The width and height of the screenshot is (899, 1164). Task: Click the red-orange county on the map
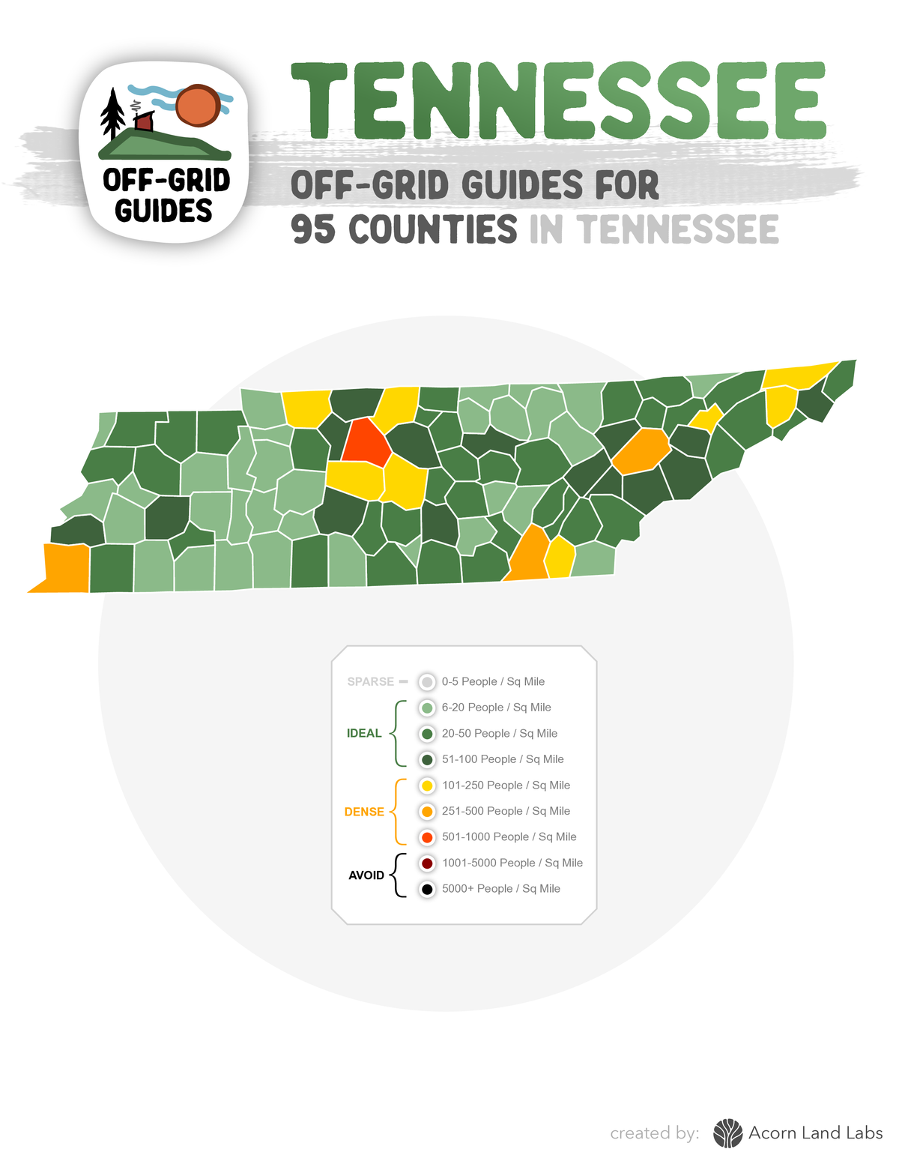point(365,442)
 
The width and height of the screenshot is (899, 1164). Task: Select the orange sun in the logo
point(197,105)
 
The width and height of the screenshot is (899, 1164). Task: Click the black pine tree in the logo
point(113,114)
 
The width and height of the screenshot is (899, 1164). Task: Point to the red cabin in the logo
point(144,121)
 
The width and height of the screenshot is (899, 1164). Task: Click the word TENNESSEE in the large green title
point(557,100)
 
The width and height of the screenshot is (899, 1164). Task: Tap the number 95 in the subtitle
point(313,229)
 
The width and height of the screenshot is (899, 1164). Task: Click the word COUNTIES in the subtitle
point(433,229)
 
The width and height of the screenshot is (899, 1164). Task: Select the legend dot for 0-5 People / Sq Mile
point(427,682)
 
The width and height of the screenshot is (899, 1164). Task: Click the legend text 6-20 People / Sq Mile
point(496,708)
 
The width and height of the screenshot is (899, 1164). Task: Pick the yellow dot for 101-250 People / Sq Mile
point(427,785)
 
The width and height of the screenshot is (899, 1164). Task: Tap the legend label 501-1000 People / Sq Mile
point(509,837)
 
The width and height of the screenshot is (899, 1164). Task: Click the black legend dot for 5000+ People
point(427,889)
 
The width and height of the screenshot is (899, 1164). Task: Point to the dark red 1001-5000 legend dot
point(427,863)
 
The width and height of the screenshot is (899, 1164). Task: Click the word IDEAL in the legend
point(364,734)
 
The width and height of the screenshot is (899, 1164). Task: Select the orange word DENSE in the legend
point(364,812)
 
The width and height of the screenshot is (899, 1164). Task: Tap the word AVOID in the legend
point(366,875)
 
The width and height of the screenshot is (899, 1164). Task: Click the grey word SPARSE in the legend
point(371,682)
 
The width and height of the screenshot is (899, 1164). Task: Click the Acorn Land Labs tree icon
point(727,1133)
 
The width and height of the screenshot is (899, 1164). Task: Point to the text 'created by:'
point(655,1133)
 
